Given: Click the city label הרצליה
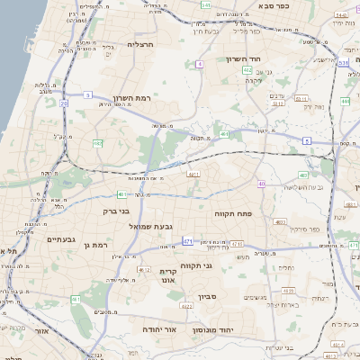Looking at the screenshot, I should tap(142, 43).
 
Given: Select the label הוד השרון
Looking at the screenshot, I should tap(243, 58).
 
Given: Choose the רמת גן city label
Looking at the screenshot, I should tap(94, 245).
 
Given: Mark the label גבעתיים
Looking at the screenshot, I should tap(40, 239).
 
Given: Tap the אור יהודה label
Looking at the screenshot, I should tap(164, 330).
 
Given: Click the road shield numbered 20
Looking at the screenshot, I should tap(64, 103).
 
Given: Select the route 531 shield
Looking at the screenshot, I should tap(342, 62).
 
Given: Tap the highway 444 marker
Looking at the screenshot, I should tap(346, 102).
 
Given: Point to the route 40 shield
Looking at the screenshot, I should tap(261, 184).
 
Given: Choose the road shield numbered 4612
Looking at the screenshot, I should tap(144, 268).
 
